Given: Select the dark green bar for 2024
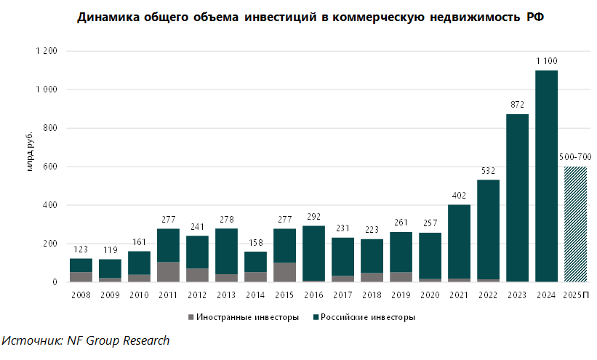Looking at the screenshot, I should click(546, 176).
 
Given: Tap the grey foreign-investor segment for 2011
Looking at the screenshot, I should click(168, 271).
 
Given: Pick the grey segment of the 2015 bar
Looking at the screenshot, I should click(284, 272).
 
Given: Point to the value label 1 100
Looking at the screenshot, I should click(546, 60).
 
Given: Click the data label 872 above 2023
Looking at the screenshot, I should click(517, 105).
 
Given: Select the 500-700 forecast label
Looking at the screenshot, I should click(575, 157).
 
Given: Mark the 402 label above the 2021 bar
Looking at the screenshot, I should click(459, 195).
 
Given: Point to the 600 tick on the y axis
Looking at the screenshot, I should click(49, 167).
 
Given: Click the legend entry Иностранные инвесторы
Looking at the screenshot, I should click(241, 317).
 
